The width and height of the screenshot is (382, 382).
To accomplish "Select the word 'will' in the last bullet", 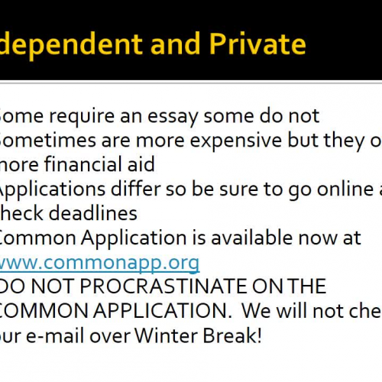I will (281, 312).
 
